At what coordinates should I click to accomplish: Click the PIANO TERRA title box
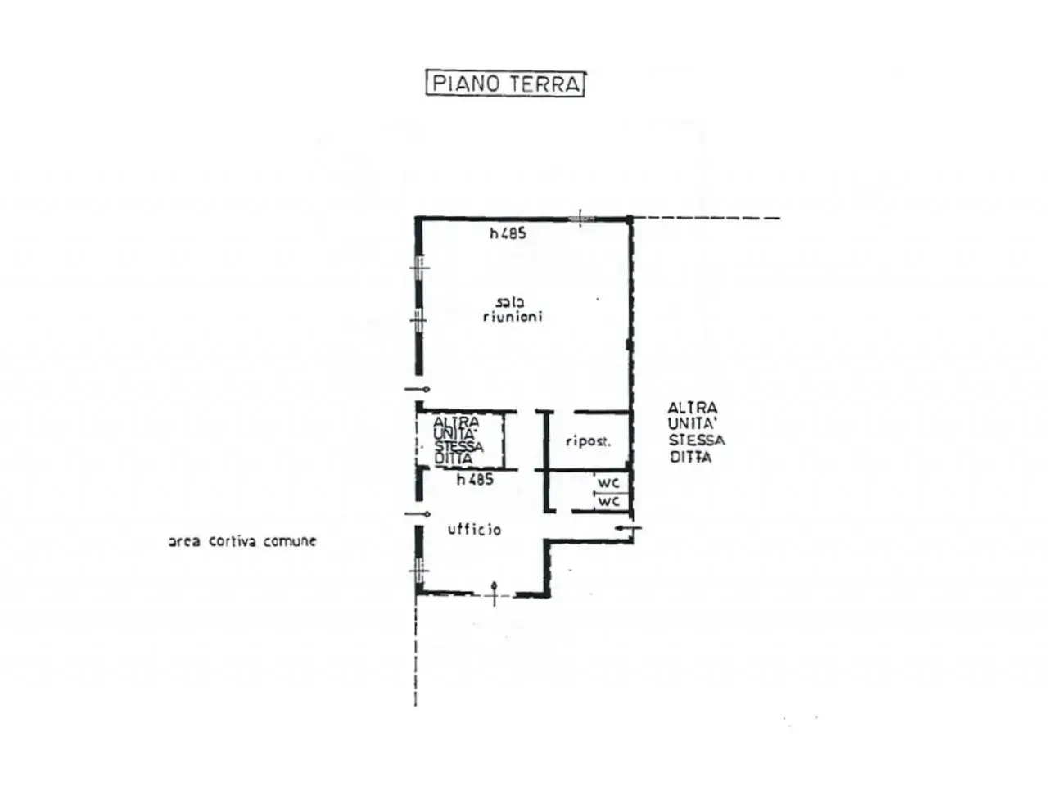(504, 84)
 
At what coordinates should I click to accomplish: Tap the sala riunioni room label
(513, 309)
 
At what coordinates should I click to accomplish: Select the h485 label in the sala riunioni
(508, 233)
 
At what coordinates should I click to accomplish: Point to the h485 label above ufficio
(475, 479)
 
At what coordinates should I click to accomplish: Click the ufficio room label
(474, 529)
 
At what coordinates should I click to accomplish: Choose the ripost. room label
(588, 441)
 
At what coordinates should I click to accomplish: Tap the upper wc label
(608, 482)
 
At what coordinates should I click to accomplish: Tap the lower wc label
(608, 501)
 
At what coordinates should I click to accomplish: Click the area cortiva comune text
(242, 541)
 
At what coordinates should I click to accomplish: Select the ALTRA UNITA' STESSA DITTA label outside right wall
(696, 432)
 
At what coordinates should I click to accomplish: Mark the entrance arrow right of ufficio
(628, 528)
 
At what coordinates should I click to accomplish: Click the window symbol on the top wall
(580, 219)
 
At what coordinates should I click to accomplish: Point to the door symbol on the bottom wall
(495, 594)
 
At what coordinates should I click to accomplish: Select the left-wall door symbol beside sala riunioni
(417, 390)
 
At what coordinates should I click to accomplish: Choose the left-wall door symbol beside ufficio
(418, 514)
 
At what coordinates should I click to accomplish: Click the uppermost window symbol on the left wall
(419, 267)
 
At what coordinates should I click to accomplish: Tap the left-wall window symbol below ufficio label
(419, 571)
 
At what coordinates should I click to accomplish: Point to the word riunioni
(513, 316)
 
